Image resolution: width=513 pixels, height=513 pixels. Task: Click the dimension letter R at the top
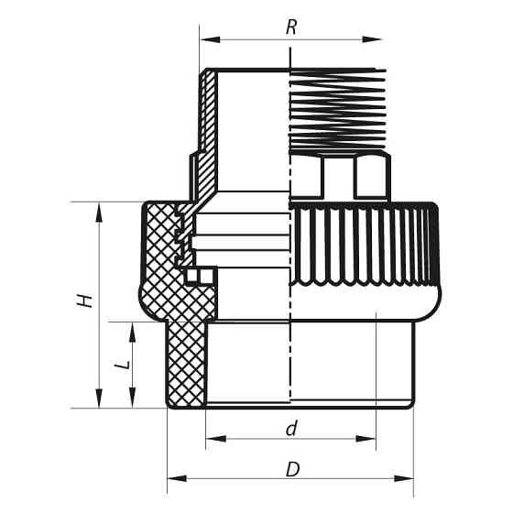(291, 27)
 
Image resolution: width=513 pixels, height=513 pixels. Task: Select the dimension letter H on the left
(85, 300)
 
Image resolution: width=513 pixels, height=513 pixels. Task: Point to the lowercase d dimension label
(291, 427)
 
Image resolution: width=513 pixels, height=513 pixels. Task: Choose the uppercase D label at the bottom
(292, 469)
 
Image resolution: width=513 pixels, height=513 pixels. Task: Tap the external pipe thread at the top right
(334, 110)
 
